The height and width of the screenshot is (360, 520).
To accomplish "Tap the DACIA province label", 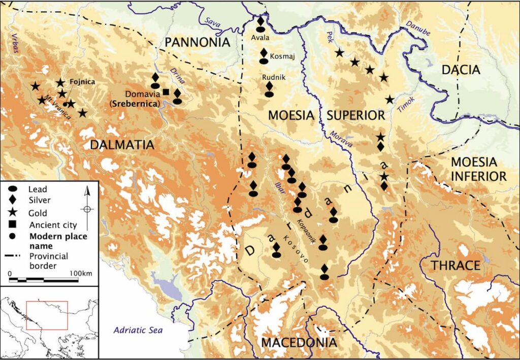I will click(x=461, y=70).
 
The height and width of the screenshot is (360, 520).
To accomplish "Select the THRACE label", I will click(x=456, y=266).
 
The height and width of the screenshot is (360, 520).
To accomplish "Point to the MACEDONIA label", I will click(x=299, y=343).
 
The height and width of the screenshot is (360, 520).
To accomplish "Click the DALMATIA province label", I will click(x=122, y=145).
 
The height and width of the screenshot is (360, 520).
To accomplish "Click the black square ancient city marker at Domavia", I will click(x=166, y=92).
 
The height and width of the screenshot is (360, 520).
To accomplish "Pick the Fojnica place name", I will click(x=82, y=81).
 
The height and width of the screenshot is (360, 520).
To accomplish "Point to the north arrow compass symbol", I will click(x=87, y=208).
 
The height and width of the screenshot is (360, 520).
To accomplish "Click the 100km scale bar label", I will click(x=81, y=274).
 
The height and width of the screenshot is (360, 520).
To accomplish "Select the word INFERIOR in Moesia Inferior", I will click(x=479, y=176).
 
